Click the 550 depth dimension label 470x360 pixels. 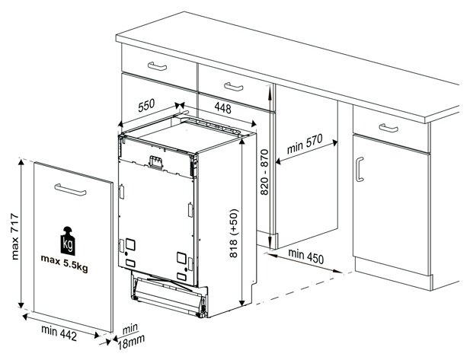[146, 105]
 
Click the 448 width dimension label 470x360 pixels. [223, 108]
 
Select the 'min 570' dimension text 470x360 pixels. [305, 144]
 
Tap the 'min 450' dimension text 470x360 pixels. [306, 256]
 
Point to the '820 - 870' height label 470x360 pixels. [264, 172]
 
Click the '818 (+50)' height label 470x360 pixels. [234, 234]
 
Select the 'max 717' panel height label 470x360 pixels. [15, 237]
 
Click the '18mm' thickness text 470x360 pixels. [131, 342]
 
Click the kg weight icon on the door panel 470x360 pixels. [68, 241]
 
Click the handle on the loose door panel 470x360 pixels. [70, 190]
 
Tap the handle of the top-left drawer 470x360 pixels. [158, 66]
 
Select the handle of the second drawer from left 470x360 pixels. [234, 87]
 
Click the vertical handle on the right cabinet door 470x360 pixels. [360, 169]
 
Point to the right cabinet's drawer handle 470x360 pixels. [388, 128]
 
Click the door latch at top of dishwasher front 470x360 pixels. [156, 162]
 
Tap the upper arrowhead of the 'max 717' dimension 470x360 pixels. [21, 162]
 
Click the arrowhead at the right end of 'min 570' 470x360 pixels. [335, 142]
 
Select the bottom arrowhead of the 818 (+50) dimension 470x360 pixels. [241, 303]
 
